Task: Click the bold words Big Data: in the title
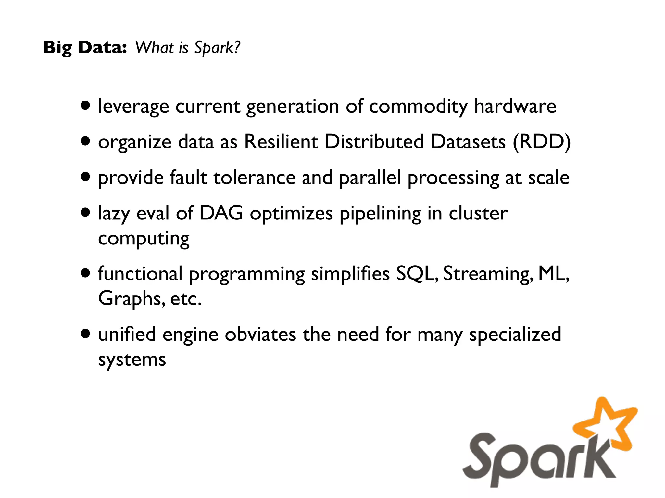tap(85, 48)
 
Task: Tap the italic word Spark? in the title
tap(217, 48)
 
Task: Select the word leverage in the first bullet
tap(133, 107)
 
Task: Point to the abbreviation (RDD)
tap(541, 142)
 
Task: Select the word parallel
tap(370, 178)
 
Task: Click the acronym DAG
tap(221, 213)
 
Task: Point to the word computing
tap(144, 239)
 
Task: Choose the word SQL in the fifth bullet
tap(417, 274)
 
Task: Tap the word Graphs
tap(130, 299)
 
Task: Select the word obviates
tap(260, 335)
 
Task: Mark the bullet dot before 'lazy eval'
tap(85, 213)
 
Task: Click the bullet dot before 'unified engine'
tap(85, 334)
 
